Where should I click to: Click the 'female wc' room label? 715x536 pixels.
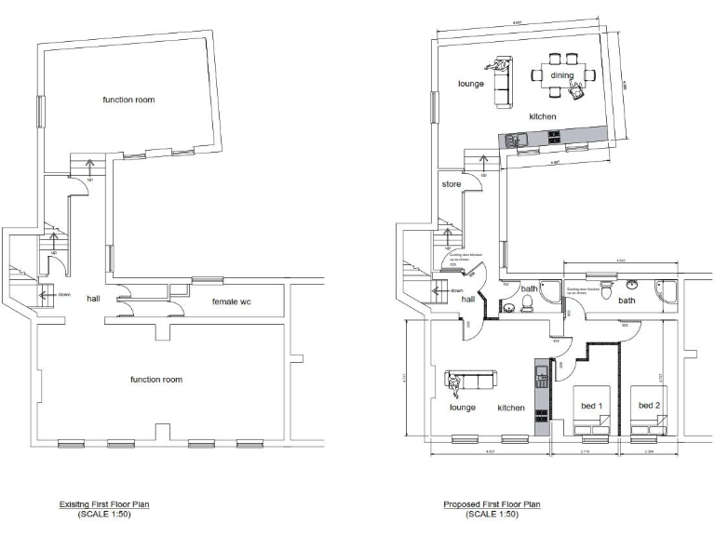coord(232,301)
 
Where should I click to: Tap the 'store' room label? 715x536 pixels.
coord(452,184)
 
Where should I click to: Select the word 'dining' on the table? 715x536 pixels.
coord(561,75)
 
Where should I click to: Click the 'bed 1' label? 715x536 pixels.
coord(592,405)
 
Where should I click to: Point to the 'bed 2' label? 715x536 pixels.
coord(649,405)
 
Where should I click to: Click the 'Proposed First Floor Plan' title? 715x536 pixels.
coord(492,504)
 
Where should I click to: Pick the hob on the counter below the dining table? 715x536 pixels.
coord(555,137)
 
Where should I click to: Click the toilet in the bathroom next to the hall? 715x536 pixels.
coord(527,302)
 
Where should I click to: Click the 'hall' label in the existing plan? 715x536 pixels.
coord(93,299)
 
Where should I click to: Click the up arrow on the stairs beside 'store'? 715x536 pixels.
coord(482,163)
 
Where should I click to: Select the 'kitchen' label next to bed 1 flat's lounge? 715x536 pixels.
coord(510,408)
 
